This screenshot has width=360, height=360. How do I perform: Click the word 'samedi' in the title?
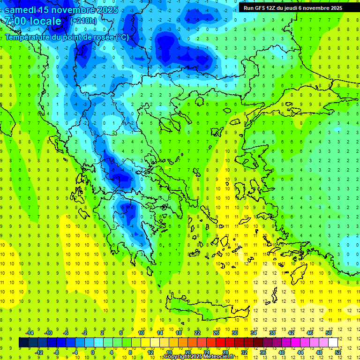point(21,10)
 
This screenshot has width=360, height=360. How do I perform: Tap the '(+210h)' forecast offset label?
point(83,21)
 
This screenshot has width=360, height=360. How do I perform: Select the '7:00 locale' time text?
point(33,21)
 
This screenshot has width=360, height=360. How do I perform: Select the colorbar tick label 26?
point(216,333)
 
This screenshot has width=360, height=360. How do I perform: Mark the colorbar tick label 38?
point(272,333)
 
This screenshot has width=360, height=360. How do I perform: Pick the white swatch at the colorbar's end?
point(333,343)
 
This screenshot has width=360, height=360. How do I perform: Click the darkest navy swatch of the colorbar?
point(24,343)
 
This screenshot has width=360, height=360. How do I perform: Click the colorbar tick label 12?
point(150,352)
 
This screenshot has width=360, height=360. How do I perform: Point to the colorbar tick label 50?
point(329,333)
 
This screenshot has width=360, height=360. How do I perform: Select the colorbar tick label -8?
point(57,352)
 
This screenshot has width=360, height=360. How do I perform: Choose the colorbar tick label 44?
point(300,352)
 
